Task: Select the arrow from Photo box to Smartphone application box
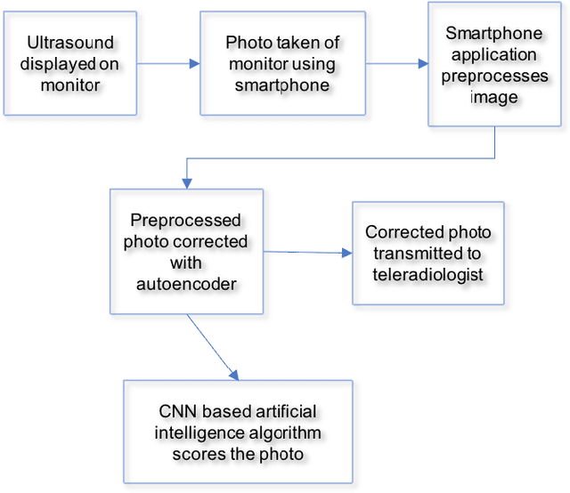(x=396, y=63)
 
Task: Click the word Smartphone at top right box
(x=493, y=34)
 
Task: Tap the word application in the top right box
(x=493, y=55)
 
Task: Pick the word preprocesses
(x=493, y=77)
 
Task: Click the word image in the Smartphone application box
(x=493, y=98)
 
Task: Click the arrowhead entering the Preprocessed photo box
(x=185, y=182)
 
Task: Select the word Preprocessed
(x=185, y=220)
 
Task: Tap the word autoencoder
(x=185, y=284)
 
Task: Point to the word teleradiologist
(x=428, y=275)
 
